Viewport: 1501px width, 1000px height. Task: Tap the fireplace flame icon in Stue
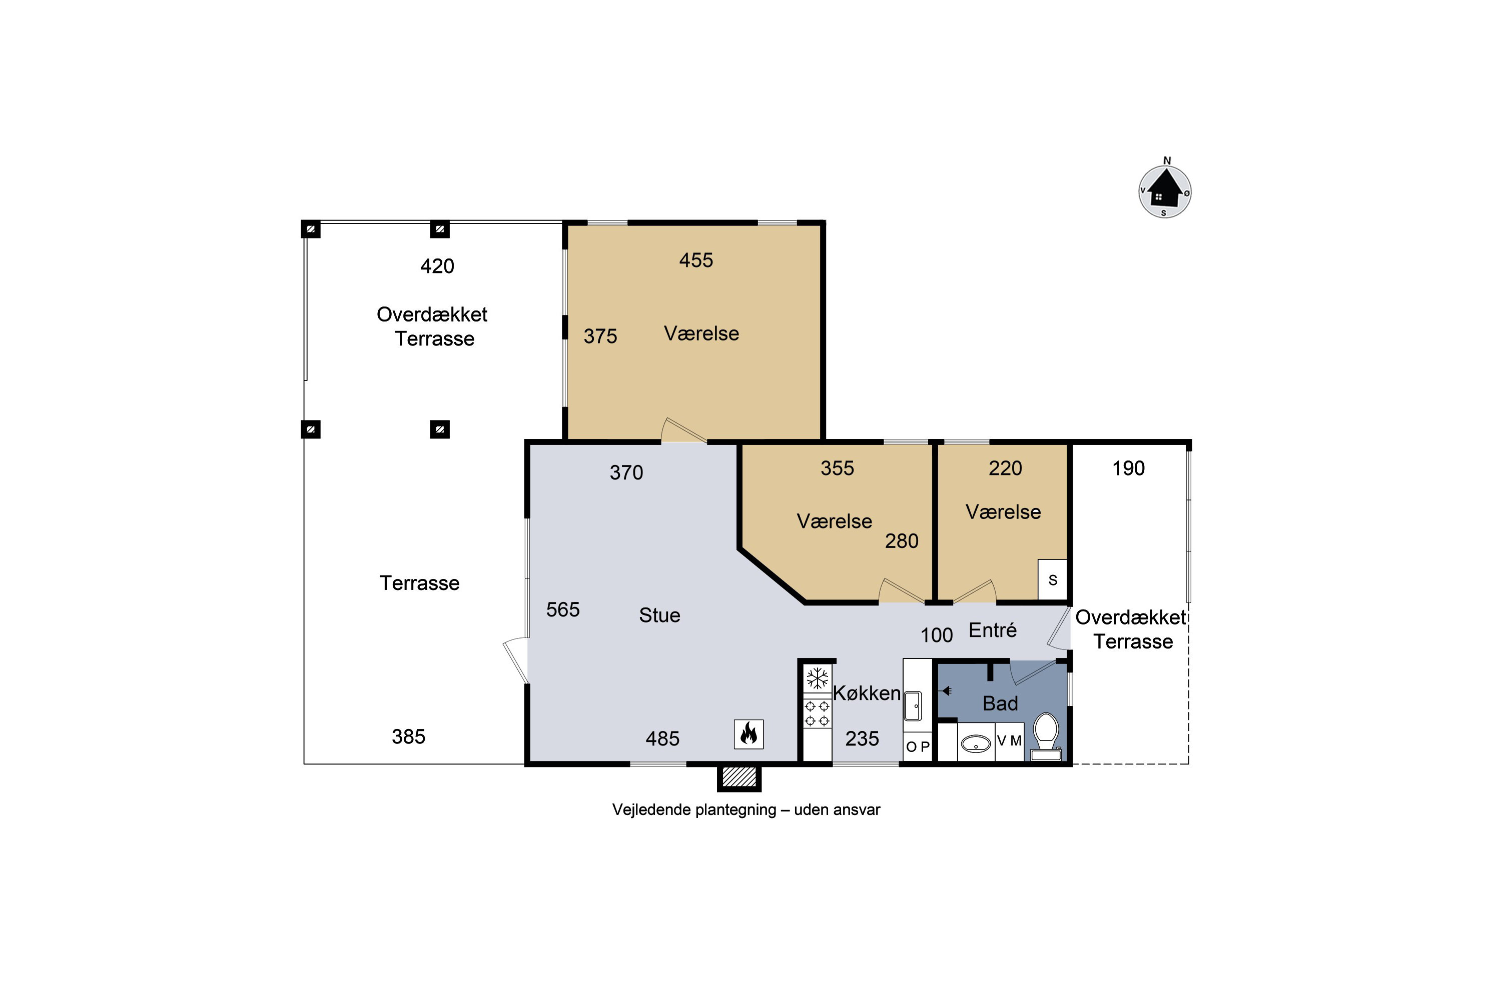(x=748, y=734)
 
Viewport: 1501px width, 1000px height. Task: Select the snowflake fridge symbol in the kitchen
(x=817, y=678)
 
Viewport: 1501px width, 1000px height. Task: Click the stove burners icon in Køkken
(x=817, y=713)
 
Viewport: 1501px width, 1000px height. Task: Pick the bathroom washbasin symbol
(x=976, y=743)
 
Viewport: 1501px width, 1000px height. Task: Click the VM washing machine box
(x=1010, y=741)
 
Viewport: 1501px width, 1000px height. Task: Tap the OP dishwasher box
(x=918, y=746)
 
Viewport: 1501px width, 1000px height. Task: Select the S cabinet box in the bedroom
(x=1052, y=579)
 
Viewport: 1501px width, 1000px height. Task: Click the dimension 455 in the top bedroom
(x=695, y=260)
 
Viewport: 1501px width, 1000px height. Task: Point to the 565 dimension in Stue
(x=563, y=609)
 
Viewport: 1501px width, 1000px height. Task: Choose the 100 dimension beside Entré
(x=936, y=635)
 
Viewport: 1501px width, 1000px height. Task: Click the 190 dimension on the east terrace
(x=1128, y=468)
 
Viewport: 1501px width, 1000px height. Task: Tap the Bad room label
(x=1000, y=703)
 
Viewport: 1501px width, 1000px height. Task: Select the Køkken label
(x=867, y=693)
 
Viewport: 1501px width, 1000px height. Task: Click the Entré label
(x=992, y=630)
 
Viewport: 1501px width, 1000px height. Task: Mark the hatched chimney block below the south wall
(x=739, y=777)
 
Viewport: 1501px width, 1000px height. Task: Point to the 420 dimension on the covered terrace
(x=437, y=266)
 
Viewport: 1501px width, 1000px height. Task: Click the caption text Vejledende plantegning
(x=694, y=810)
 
